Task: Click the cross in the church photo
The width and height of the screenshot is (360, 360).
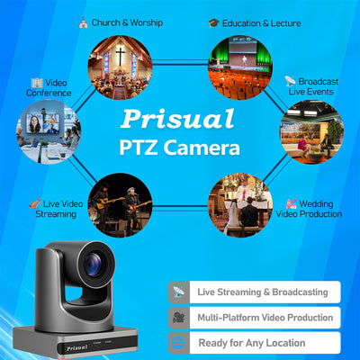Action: tap(121, 56)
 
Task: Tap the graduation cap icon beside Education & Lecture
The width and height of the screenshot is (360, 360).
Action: tap(214, 23)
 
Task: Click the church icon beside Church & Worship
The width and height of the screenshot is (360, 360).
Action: tap(84, 22)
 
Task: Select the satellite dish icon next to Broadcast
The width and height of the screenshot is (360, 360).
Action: tap(290, 81)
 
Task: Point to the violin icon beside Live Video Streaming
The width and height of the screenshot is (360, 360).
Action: tap(35, 203)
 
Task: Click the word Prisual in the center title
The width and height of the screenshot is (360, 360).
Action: tap(177, 119)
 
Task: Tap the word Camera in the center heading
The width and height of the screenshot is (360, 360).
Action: tap(202, 148)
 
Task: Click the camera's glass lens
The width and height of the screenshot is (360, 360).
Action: tap(93, 264)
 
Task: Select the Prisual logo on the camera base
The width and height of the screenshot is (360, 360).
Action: tap(76, 347)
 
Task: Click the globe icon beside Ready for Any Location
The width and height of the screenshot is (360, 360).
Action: tap(178, 343)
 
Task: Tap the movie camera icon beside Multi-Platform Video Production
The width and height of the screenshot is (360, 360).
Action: tap(178, 318)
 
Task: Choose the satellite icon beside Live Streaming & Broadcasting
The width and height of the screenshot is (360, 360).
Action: tap(178, 292)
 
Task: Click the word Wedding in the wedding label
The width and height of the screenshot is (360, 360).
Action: tap(316, 204)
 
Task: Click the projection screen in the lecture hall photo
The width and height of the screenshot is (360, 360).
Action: tap(243, 48)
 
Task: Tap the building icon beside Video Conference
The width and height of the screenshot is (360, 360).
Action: tap(37, 83)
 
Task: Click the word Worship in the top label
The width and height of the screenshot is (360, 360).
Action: tap(147, 22)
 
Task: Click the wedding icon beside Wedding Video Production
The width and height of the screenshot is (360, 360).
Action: tap(291, 204)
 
